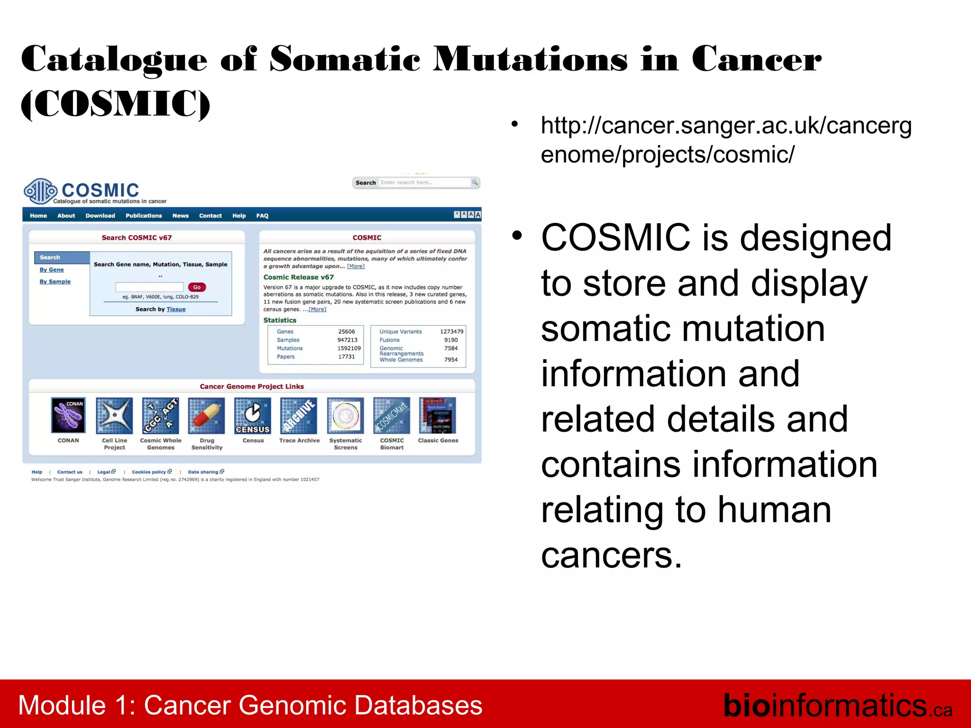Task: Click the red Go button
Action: [197, 287]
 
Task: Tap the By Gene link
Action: [51, 270]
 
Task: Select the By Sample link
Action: [55, 282]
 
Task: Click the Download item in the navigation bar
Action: [100, 216]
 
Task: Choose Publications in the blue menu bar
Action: [144, 216]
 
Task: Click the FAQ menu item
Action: [262, 216]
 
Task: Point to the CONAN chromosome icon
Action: [68, 415]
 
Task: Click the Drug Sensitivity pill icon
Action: [206, 415]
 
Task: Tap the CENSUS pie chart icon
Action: [253, 415]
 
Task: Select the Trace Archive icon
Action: [299, 415]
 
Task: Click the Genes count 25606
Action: [346, 332]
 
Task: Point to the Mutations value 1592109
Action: [348, 348]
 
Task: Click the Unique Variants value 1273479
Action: [451, 332]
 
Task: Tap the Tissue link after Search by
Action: [176, 309]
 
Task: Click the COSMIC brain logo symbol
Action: [40, 191]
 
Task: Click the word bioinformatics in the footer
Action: [824, 706]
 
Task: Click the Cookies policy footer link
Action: [149, 472]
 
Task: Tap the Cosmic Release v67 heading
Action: [298, 277]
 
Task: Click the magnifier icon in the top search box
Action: [474, 182]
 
